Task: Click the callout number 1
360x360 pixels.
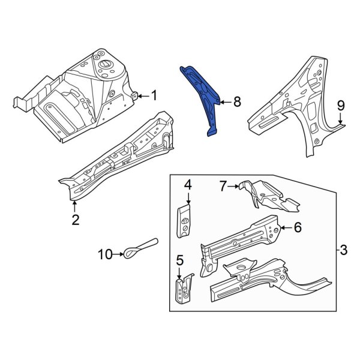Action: pos(154,95)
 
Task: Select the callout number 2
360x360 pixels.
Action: pos(75,220)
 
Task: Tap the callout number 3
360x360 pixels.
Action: pos(343,249)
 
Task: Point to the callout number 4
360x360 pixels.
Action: pos(187,185)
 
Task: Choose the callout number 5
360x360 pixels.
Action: pos(179,260)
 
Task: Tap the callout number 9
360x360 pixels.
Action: pos(341,106)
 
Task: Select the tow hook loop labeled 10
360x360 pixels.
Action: pos(139,248)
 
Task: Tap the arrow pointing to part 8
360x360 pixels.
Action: pos(224,103)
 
